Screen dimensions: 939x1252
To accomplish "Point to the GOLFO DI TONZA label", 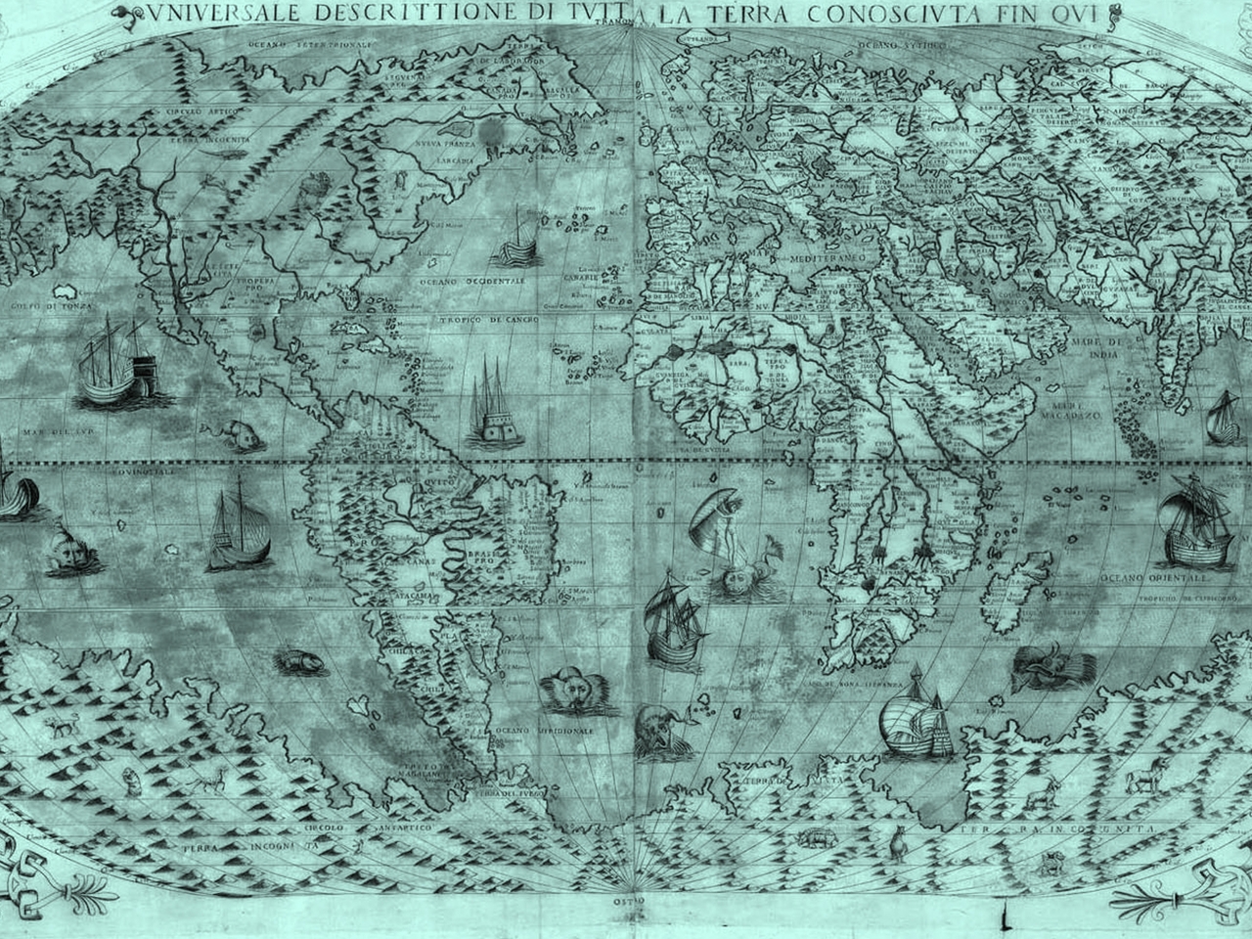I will click(x=50, y=308).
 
